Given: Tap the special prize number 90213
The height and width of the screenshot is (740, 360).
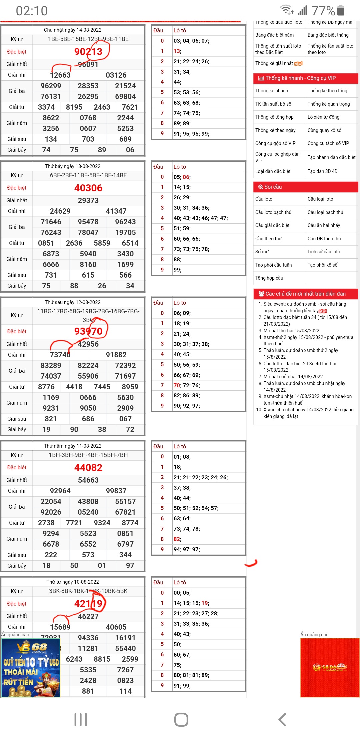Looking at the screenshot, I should coord(88,52).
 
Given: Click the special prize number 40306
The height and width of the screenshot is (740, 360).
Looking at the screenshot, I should coord(88,188).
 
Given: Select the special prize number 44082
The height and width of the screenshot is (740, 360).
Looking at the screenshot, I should coord(88,468).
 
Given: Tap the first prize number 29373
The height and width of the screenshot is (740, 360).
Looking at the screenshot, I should coord(88,200).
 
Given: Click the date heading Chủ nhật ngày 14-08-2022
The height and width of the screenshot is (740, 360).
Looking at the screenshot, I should coord(73,30).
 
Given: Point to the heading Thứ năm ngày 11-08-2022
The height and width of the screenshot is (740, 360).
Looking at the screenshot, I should coord(73,446).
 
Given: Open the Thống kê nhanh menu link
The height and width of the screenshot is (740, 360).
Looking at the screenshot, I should coord(272,91).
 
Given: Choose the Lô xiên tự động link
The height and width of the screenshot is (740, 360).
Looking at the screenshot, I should coord(323,117).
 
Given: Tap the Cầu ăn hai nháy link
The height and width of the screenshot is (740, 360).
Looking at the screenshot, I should coord(324,225).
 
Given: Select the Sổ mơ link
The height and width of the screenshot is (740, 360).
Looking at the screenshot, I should coord(262,252).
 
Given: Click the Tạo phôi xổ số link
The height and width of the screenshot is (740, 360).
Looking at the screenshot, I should coord(322,265).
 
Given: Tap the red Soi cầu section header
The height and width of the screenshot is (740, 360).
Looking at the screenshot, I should coord(306,187).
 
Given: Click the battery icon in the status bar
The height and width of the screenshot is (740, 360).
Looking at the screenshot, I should coord(341,10).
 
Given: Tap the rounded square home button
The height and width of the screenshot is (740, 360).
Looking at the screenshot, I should coord(181,720).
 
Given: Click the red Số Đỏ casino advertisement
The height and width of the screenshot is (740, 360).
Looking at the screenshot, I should coord(330,667).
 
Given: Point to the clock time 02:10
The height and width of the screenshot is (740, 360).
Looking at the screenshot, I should coord(32,11).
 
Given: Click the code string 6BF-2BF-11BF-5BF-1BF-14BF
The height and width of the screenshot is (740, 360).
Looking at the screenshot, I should coord(88,175).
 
